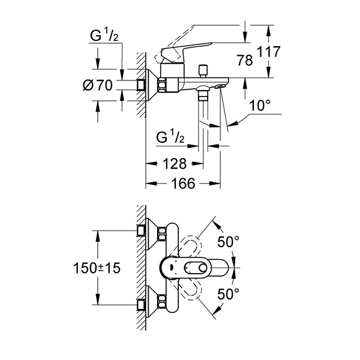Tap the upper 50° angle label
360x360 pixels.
(x=227, y=242)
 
